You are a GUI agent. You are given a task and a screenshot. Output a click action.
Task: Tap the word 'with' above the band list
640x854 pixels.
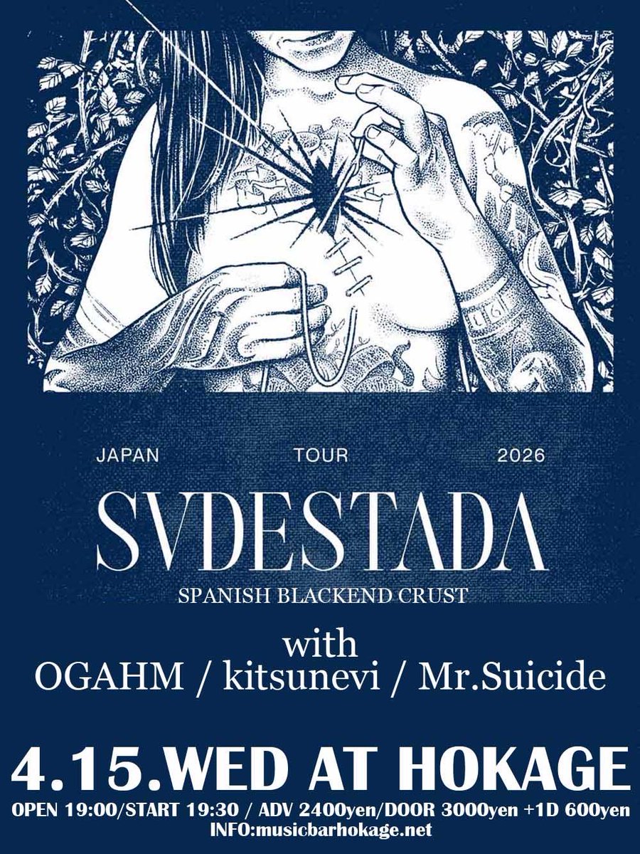319,645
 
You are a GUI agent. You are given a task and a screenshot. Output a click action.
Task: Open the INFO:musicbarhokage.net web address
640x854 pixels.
320,831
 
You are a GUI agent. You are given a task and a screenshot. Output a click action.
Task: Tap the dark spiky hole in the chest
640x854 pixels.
326,196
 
